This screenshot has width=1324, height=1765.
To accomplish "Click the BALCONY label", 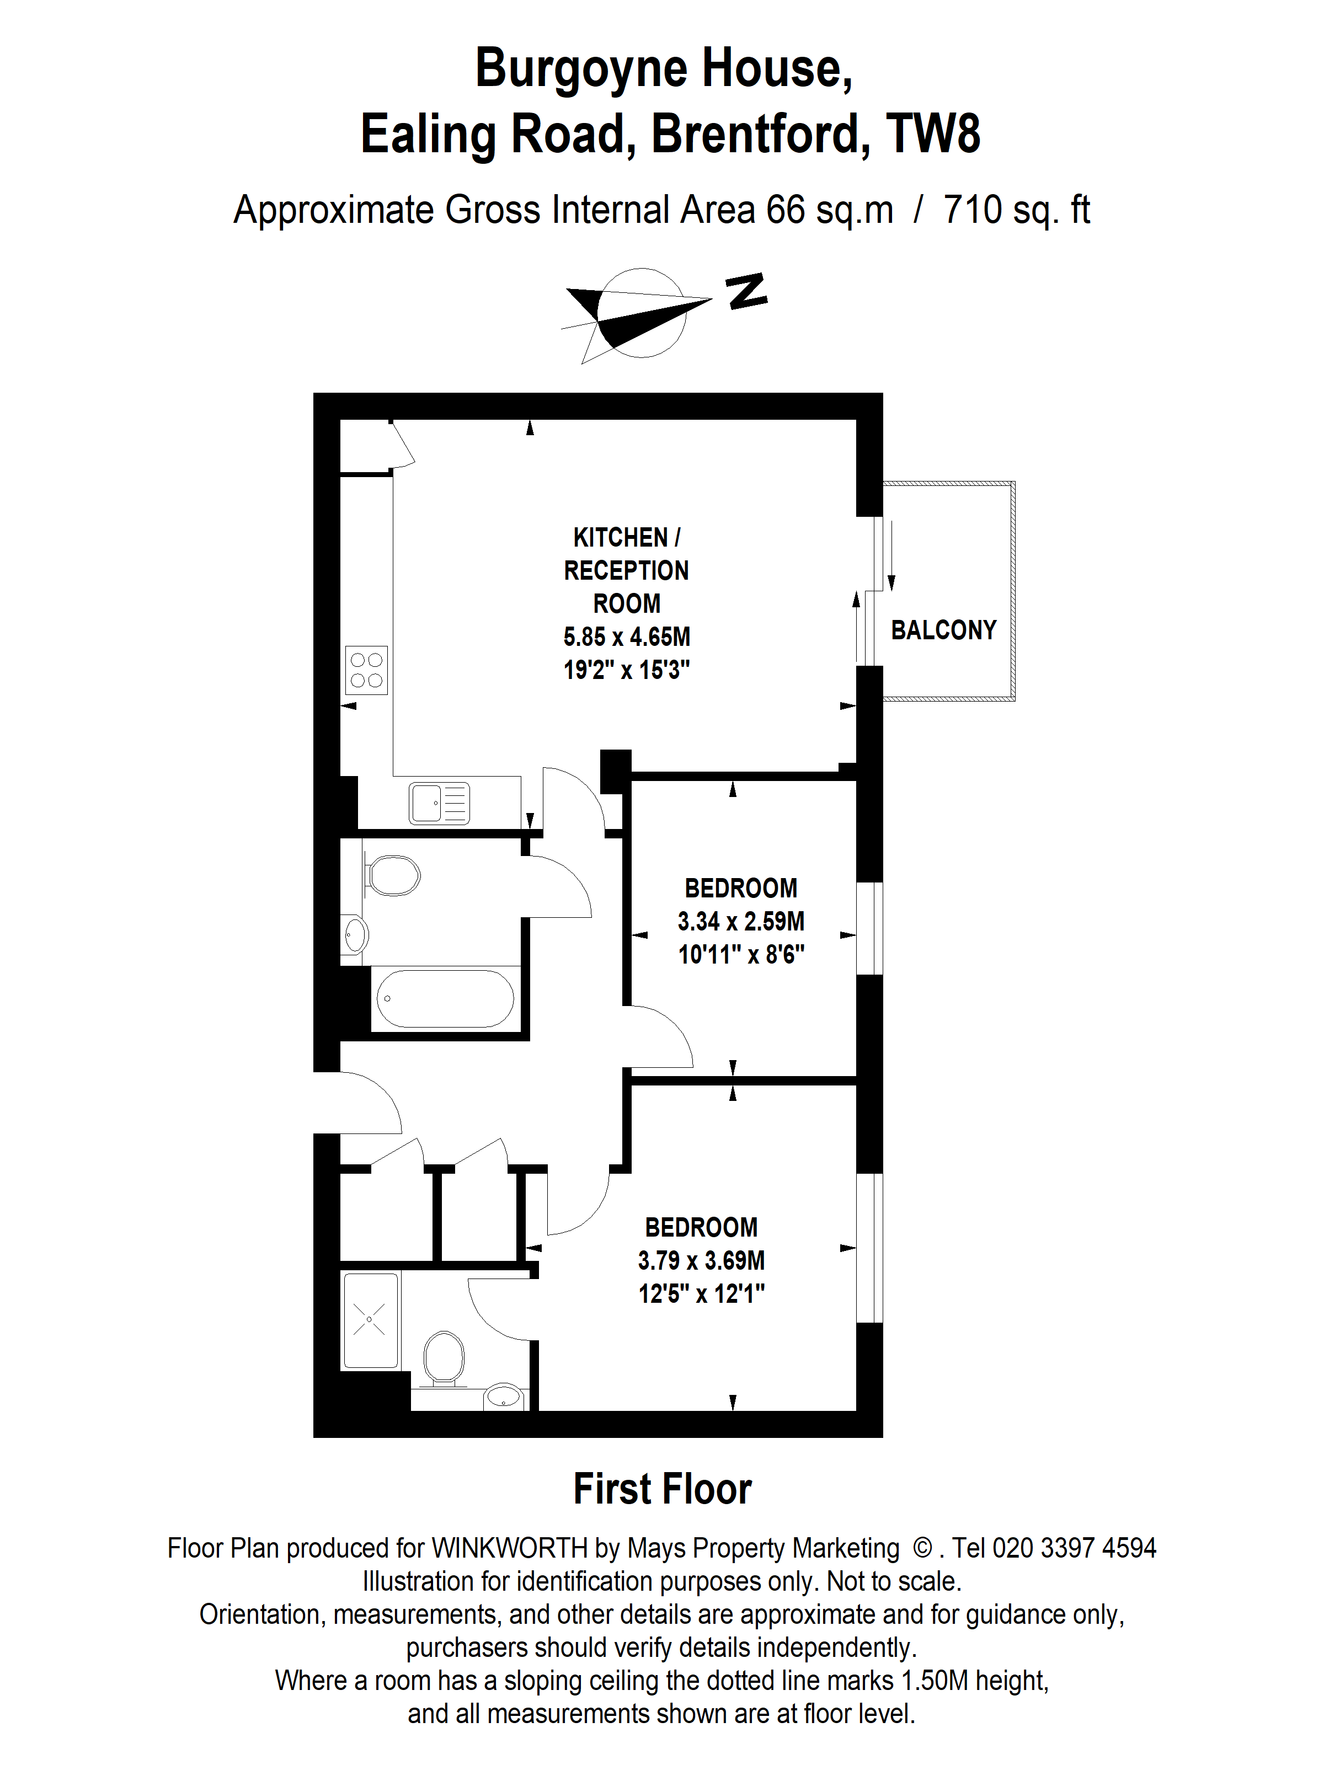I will [943, 630].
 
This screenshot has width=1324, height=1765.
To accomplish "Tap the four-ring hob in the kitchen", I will [366, 670].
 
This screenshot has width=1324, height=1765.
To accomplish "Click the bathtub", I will [445, 998].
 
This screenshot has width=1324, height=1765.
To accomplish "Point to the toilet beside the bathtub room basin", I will [393, 876].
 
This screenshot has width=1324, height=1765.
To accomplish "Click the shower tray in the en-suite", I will [370, 1320].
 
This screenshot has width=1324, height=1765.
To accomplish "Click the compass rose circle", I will [643, 313].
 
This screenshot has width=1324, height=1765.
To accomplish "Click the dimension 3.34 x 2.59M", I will [740, 922].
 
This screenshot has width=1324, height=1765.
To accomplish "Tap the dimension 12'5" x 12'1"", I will [702, 1293].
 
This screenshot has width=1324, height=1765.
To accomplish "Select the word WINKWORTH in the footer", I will [509, 1549].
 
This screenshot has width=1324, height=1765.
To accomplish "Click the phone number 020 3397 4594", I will [1074, 1549].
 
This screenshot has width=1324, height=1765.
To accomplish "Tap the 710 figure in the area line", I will [972, 210].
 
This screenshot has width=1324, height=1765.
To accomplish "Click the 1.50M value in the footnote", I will [934, 1681].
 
